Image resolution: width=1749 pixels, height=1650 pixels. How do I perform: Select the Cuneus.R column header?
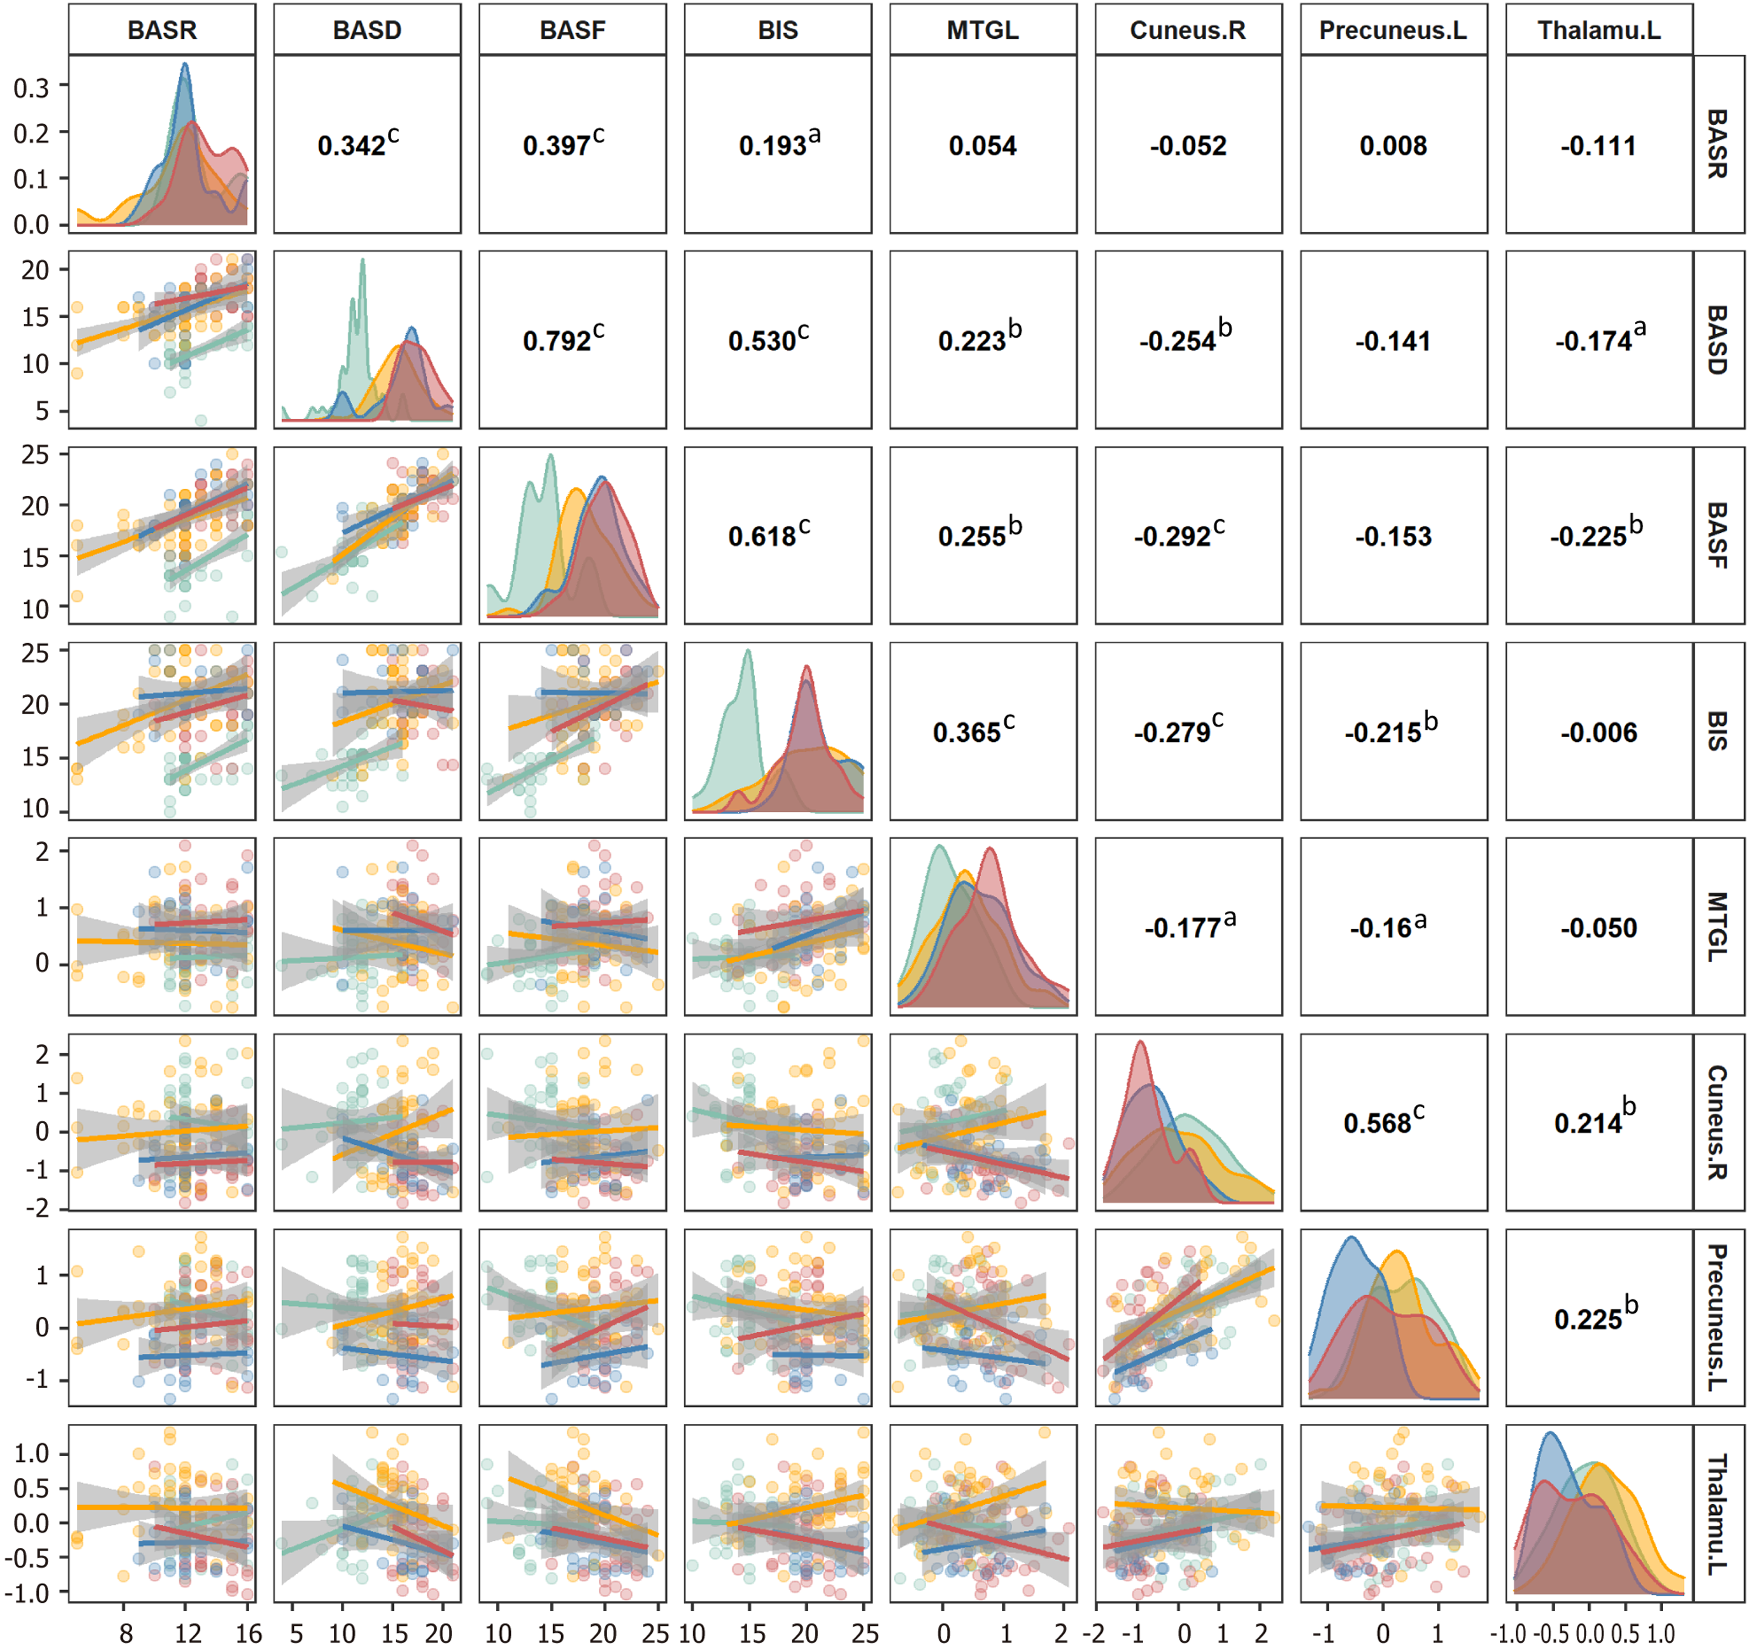(1188, 30)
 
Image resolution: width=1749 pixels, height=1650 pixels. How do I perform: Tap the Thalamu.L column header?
(1599, 30)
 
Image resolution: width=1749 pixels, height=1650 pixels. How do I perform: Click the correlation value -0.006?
(1599, 732)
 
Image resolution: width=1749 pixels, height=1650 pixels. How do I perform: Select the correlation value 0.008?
(1393, 145)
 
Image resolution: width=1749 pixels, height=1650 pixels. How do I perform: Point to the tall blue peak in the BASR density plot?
(184, 66)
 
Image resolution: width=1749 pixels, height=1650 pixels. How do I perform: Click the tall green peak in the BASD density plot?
(363, 262)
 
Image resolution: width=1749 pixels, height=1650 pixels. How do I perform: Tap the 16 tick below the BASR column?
(248, 1634)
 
